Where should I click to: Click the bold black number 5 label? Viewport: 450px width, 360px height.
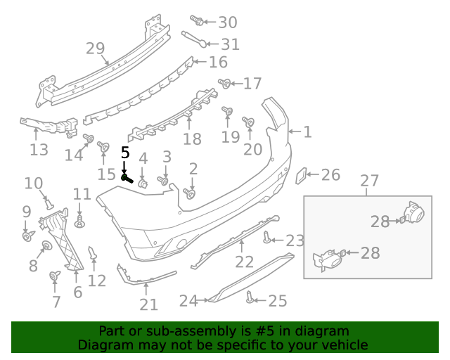(125, 152)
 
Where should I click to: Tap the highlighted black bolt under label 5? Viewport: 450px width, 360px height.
(127, 179)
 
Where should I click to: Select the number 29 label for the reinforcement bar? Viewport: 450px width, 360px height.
(96, 49)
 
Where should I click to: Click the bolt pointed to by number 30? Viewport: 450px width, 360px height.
(197, 20)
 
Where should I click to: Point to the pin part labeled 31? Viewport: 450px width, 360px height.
(194, 39)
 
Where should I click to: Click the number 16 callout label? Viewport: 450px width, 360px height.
(218, 62)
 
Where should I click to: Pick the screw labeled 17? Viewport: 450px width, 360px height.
(224, 83)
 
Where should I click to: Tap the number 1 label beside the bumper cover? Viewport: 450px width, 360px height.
(307, 132)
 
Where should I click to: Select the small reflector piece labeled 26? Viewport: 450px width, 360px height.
(301, 176)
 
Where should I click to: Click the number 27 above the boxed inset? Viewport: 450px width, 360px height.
(369, 181)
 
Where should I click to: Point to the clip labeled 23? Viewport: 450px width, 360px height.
(266, 237)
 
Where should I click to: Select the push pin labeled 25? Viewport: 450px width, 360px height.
(250, 297)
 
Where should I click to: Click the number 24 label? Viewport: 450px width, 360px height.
(188, 301)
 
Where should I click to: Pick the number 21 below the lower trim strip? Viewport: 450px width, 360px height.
(148, 305)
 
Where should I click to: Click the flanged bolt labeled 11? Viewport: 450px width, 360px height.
(79, 221)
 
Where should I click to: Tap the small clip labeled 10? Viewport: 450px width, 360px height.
(49, 205)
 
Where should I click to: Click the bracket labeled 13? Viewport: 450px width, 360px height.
(49, 127)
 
